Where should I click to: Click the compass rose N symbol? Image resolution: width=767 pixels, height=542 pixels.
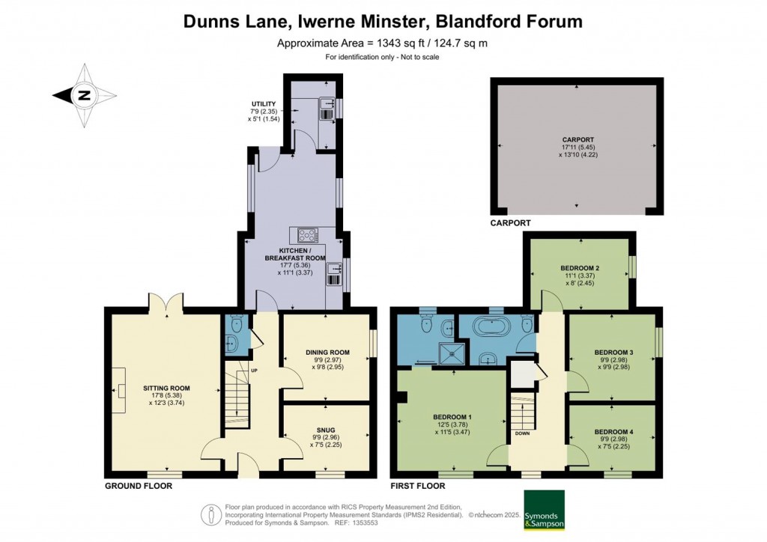85,95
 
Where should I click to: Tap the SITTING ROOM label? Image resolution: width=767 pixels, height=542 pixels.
166,388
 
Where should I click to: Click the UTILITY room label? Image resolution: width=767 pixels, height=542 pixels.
264,103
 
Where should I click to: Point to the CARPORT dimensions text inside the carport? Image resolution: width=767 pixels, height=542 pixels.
578,150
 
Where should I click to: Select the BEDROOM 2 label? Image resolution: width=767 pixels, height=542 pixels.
580,268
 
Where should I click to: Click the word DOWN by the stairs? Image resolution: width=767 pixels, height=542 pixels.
522,433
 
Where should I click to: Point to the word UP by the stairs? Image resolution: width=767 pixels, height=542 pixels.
254,371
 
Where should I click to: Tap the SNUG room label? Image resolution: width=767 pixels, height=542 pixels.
326,430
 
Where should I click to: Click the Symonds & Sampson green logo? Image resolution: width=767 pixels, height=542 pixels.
544,510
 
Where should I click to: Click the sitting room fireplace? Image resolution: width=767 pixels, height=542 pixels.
119,391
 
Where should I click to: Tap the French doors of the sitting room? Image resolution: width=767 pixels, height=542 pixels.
166,302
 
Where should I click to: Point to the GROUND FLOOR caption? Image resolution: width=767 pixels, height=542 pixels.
139,486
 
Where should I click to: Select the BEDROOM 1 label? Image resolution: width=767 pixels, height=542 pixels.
452,417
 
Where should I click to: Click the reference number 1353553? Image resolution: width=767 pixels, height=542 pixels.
365,523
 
